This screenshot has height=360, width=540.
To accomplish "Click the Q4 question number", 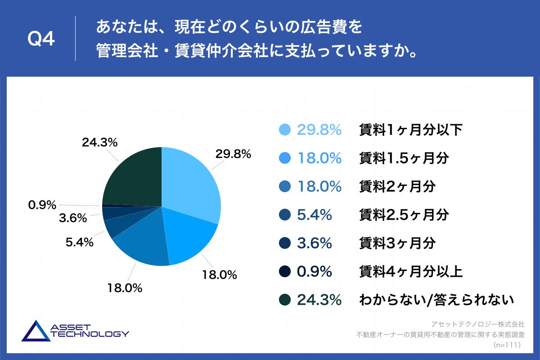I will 41,39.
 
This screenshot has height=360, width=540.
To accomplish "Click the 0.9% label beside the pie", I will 42,205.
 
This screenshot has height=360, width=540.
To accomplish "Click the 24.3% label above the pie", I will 99,143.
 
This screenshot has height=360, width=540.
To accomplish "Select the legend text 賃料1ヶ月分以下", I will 410,130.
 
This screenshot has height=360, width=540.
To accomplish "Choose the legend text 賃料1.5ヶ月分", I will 404,158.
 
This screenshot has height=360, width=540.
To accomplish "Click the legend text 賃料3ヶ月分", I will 397,243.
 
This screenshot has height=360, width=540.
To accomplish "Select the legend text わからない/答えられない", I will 436,300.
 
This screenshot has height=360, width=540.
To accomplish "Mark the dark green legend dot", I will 285,300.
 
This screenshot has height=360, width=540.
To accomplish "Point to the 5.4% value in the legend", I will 314,215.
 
